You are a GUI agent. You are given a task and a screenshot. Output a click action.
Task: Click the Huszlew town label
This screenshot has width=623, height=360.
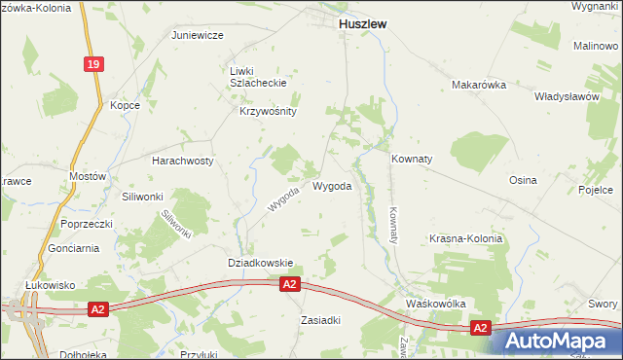click(x=362, y=27)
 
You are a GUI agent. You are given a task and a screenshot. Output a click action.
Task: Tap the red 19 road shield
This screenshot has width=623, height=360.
click(x=92, y=64)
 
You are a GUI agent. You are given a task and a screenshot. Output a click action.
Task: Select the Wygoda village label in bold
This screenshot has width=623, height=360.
click(x=332, y=186)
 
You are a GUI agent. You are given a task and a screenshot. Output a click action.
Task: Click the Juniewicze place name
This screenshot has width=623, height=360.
click(x=198, y=35)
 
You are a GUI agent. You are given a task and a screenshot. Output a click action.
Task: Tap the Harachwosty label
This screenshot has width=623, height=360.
click(x=182, y=160)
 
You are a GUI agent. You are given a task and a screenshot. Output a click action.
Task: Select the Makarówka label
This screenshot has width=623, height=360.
click(x=480, y=85)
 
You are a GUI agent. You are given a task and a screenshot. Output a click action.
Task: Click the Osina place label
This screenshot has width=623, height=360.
click(x=523, y=181)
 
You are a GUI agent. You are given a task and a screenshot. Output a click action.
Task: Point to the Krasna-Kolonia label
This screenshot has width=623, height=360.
click(x=466, y=238)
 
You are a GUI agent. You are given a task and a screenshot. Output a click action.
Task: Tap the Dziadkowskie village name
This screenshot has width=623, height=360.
click(x=260, y=262)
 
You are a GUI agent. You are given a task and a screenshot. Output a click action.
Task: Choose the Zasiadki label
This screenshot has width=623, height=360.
click(x=320, y=320)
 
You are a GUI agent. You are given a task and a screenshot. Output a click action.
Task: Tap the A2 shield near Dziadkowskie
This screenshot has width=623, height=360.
click(x=289, y=284)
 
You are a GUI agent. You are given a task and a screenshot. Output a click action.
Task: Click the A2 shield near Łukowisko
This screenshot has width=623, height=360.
click(x=96, y=309)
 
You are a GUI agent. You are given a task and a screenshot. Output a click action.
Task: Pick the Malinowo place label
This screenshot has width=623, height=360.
click(x=597, y=46)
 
